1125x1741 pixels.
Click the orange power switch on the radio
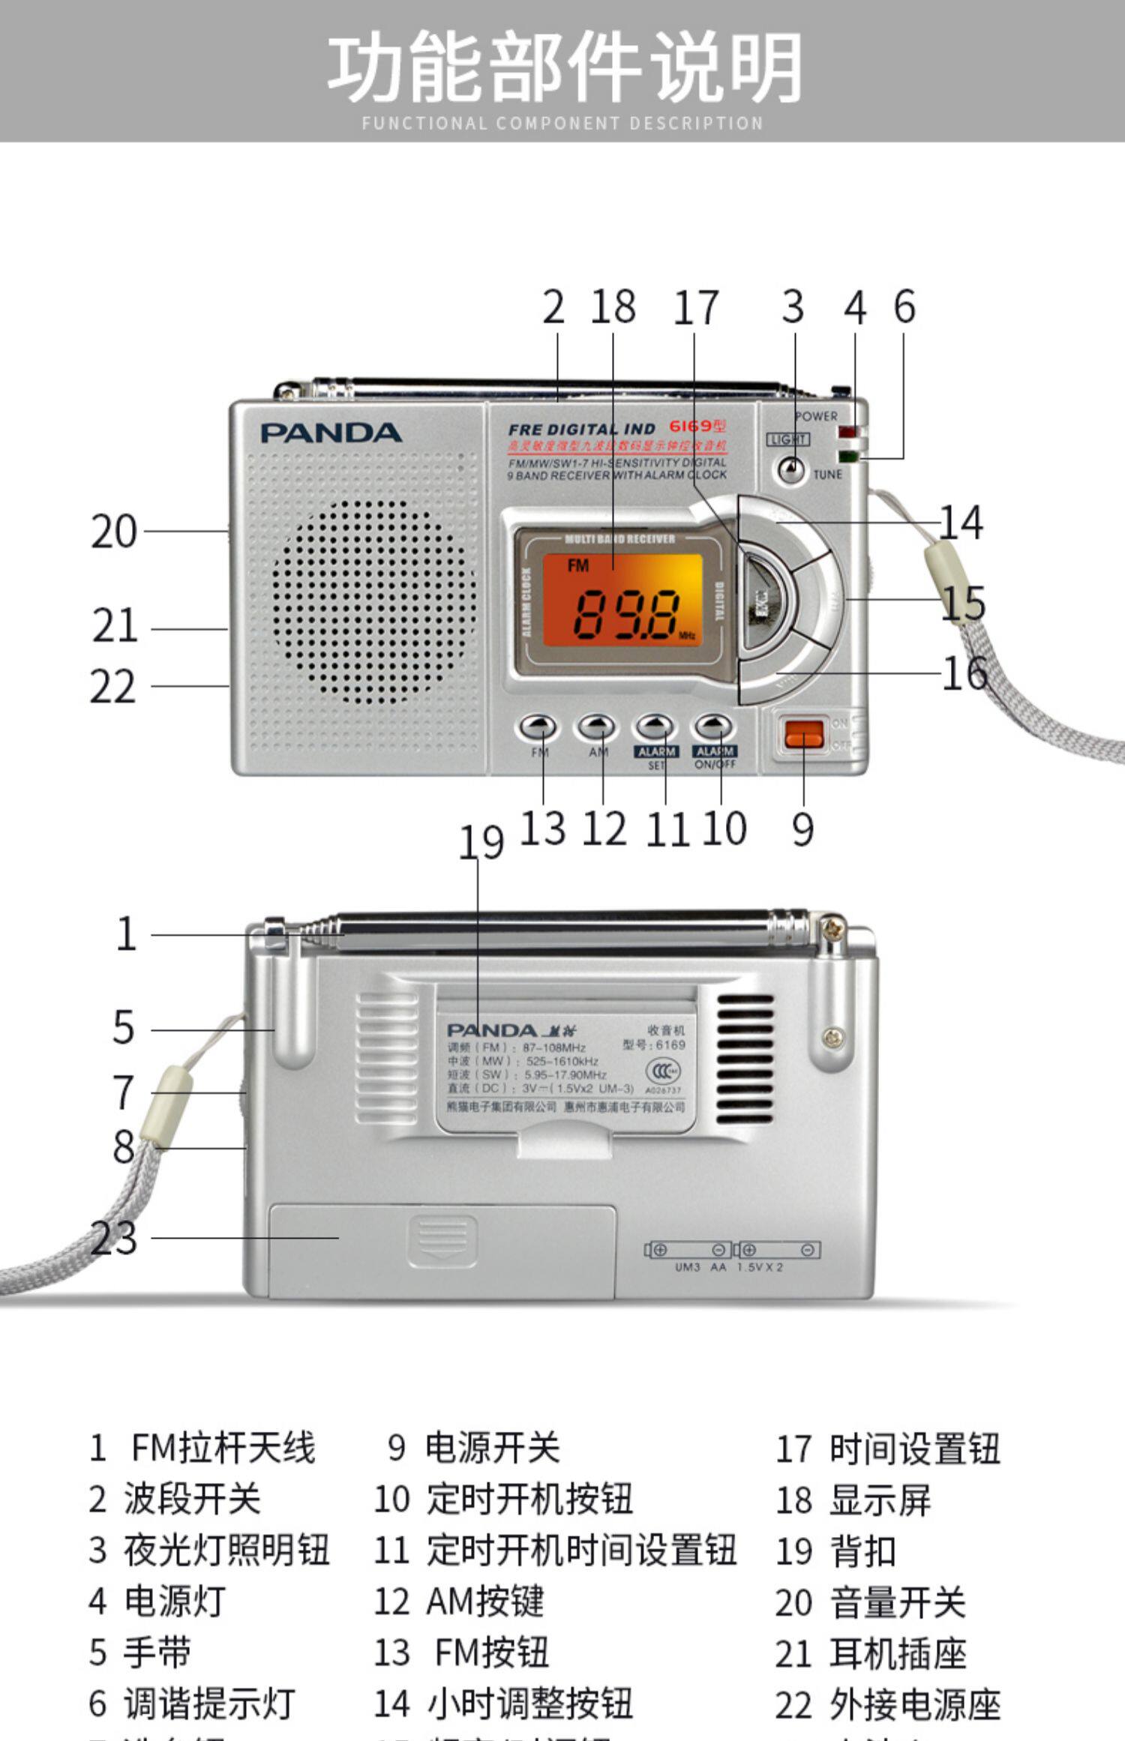click(804, 733)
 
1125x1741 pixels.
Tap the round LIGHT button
click(790, 469)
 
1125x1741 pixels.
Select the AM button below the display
click(597, 726)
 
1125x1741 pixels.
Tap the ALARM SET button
click(655, 726)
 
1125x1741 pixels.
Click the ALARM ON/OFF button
click(713, 726)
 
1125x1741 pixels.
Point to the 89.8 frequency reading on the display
click(627, 613)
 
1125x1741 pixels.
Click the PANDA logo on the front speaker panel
click(331, 433)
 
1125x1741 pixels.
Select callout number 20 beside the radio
click(114, 532)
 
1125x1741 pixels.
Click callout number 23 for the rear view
click(114, 1237)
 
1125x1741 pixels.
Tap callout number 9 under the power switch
click(802, 829)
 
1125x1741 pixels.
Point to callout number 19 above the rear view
click(481, 842)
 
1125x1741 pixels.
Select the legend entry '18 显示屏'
click(853, 1500)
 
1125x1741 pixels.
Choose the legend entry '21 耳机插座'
click(870, 1653)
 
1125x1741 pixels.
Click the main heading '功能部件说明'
click(564, 67)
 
